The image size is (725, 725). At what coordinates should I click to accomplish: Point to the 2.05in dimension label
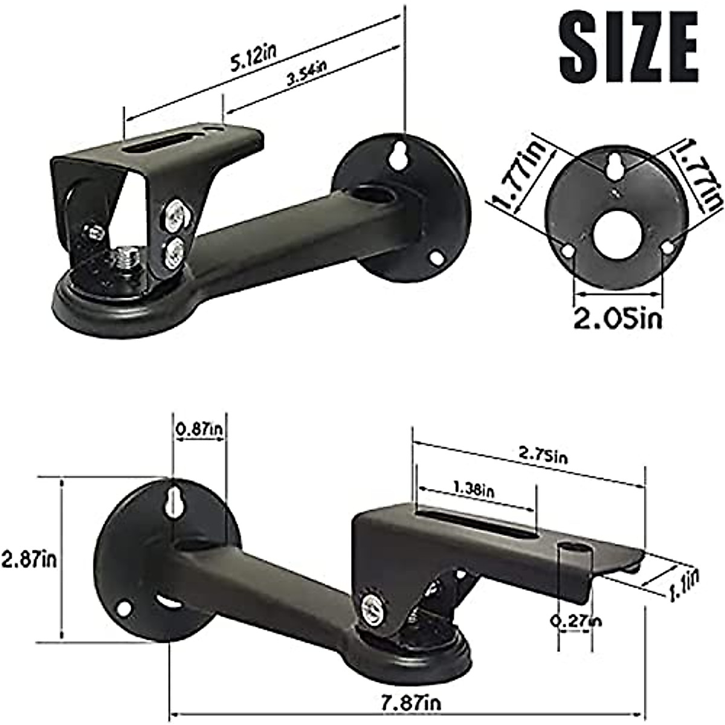click(617, 318)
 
